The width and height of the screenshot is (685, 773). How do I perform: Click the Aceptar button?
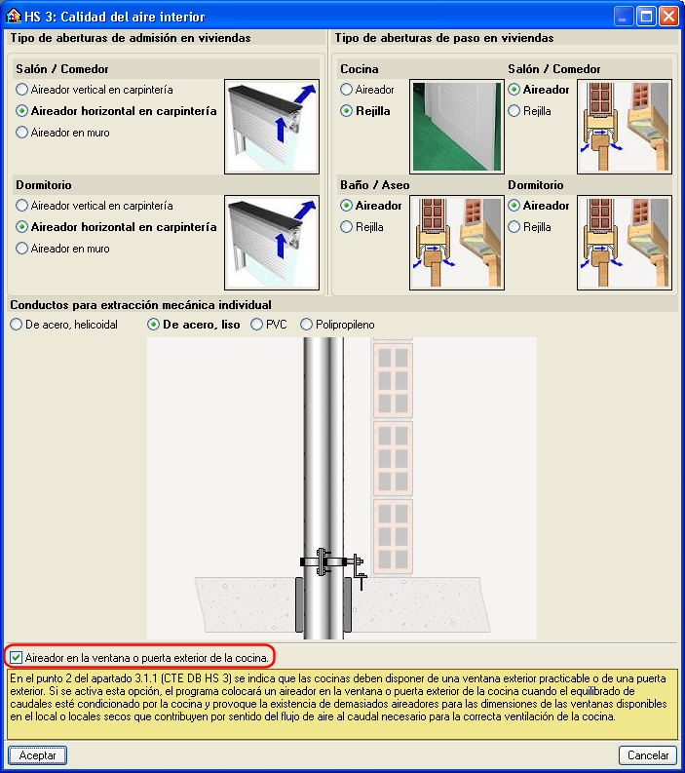(x=38, y=755)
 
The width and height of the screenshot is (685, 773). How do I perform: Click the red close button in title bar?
(x=667, y=17)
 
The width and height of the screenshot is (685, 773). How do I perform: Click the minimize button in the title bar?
(x=623, y=17)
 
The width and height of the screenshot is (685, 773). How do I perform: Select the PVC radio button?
(x=257, y=325)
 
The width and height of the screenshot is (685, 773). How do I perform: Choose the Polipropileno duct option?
(x=307, y=325)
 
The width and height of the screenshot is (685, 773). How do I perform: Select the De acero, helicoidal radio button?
(x=16, y=325)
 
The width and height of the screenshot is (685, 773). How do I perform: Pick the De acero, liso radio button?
(x=153, y=325)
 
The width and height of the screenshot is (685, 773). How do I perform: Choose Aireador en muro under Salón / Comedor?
(x=22, y=133)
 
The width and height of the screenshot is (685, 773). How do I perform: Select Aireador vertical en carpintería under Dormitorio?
(x=22, y=206)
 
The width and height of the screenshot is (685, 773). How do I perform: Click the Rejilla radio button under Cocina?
(x=346, y=111)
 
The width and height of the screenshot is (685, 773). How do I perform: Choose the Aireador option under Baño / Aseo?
(x=346, y=206)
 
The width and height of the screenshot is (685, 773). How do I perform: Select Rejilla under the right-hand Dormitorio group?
(x=514, y=227)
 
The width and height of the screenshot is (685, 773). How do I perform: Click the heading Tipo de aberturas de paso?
(x=444, y=38)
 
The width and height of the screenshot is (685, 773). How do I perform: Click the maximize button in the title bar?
(x=645, y=17)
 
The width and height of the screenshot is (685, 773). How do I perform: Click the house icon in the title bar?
(x=13, y=17)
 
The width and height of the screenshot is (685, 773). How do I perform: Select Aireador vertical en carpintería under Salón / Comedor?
(x=22, y=90)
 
